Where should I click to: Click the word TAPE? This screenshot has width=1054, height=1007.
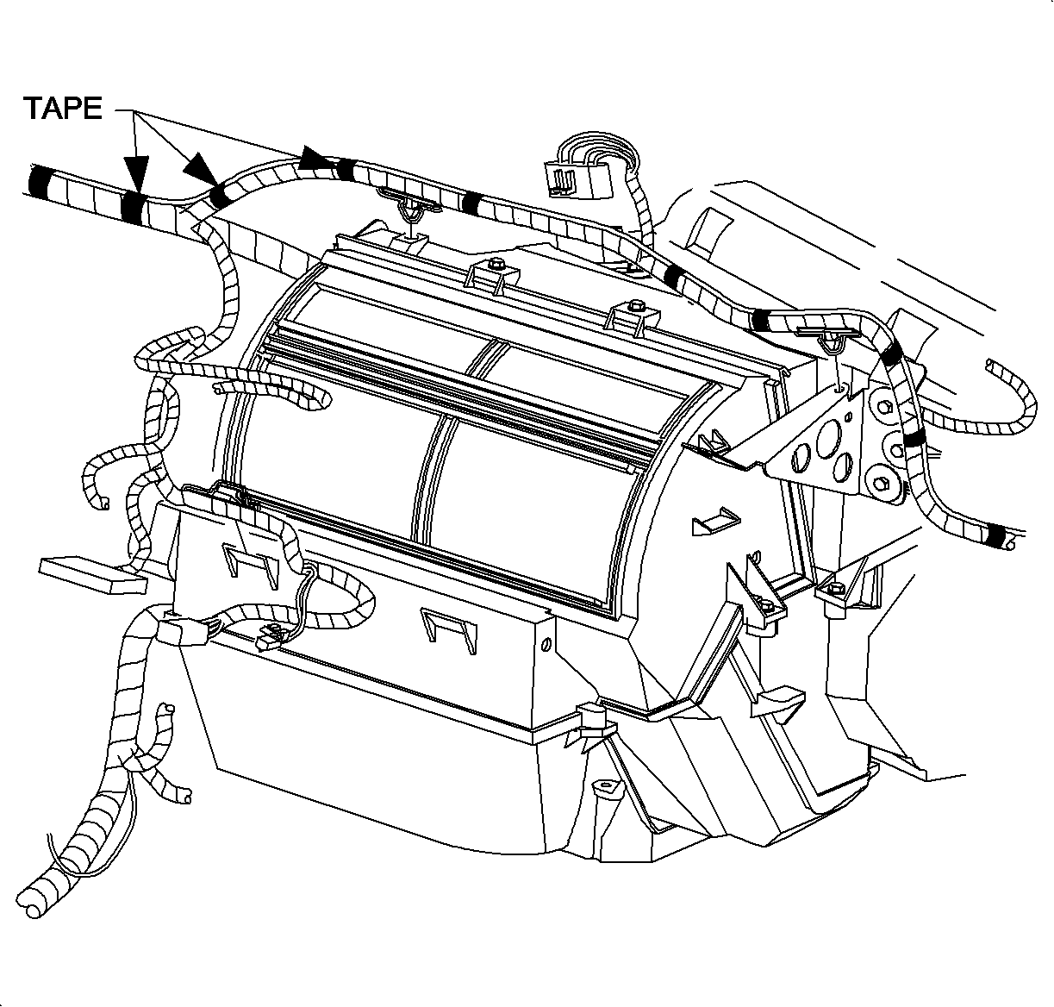tap(62, 108)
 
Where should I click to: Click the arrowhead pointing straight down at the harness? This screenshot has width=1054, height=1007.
tap(135, 173)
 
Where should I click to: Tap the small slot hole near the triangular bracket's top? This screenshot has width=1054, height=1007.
tap(848, 416)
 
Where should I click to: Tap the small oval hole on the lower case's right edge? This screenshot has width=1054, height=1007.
tap(546, 643)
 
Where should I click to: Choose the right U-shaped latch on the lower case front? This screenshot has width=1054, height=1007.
tap(448, 629)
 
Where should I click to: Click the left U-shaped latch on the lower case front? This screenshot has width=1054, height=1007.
tap(250, 565)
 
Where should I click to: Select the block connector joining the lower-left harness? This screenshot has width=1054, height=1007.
tap(182, 633)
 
